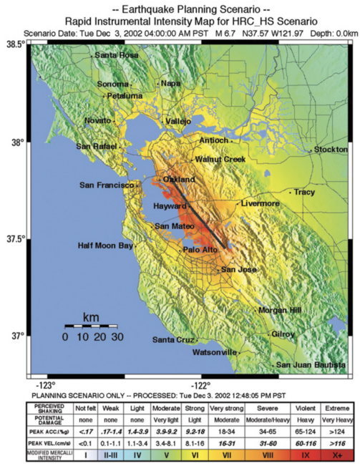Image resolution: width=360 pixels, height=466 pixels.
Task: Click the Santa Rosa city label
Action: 117,55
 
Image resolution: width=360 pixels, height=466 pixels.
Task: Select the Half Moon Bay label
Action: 105,246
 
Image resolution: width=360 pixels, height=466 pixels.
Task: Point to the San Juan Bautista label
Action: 311,365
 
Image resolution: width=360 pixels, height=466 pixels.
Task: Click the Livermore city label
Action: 260,203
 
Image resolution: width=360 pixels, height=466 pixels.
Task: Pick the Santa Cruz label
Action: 171,339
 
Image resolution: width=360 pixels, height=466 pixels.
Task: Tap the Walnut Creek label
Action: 220,159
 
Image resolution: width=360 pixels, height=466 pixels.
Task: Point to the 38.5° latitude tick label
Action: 15,44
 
